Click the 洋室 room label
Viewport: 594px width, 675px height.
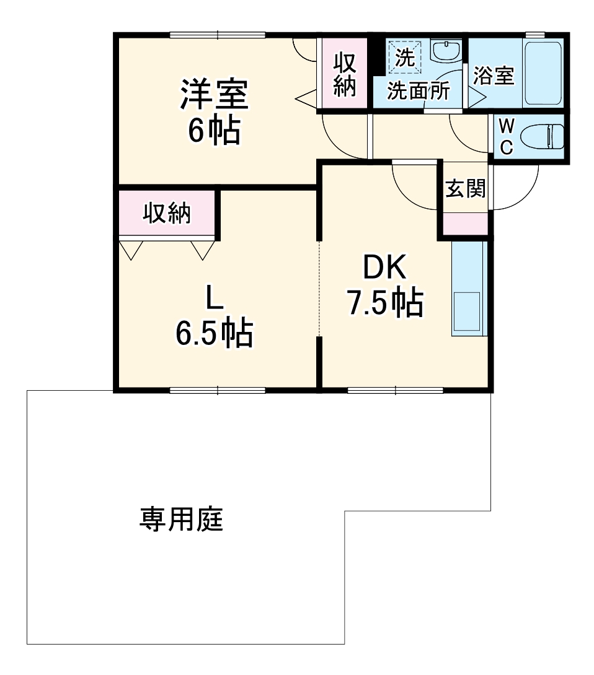pyautogui.click(x=214, y=95)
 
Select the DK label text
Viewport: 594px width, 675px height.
pyautogui.click(x=384, y=268)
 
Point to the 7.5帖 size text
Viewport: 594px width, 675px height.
pyautogui.click(x=384, y=303)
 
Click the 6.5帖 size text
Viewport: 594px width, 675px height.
pyautogui.click(x=214, y=334)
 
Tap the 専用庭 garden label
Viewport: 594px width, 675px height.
pyautogui.click(x=180, y=520)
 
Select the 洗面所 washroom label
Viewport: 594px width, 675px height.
pyautogui.click(x=419, y=91)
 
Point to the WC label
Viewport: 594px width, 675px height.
pyautogui.click(x=506, y=137)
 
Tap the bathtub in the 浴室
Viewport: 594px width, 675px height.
pyautogui.click(x=543, y=74)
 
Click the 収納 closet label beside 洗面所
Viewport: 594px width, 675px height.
pyautogui.click(x=345, y=74)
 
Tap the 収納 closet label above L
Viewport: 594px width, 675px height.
pyautogui.click(x=167, y=214)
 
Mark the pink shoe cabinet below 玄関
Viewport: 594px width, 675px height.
pyautogui.click(x=465, y=223)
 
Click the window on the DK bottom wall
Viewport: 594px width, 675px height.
pyautogui.click(x=395, y=390)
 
